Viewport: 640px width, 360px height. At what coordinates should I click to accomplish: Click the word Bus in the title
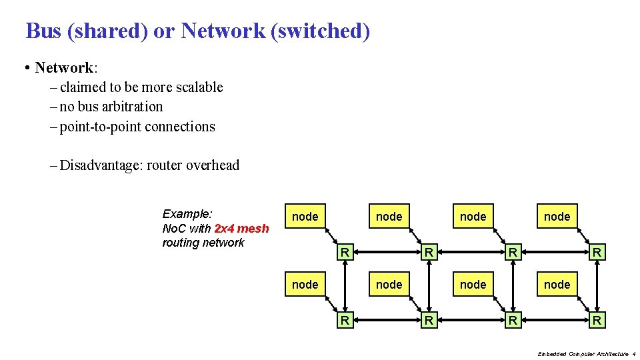point(43,31)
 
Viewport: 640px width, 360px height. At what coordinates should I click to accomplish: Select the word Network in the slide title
point(223,31)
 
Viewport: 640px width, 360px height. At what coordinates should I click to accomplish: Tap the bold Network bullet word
point(64,68)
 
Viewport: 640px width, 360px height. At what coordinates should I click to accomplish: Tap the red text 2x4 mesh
point(241,229)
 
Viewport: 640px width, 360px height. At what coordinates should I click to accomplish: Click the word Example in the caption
point(186,214)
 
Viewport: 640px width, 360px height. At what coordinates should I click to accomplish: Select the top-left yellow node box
point(305,216)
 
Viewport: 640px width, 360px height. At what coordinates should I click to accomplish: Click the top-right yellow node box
point(557,216)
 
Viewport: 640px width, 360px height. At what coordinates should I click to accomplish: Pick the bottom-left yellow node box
point(305,284)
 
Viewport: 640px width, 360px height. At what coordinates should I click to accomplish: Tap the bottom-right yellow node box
point(557,284)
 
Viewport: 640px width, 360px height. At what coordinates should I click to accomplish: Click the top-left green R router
point(345,252)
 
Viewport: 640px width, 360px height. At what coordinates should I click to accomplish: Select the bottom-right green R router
point(597,321)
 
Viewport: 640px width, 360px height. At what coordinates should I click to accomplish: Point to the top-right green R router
point(597,252)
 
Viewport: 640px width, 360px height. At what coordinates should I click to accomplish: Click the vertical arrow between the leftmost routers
point(345,286)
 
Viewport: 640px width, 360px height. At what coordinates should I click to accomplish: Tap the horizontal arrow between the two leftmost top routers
point(387,252)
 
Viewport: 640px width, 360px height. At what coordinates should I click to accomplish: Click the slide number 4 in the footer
point(634,354)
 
